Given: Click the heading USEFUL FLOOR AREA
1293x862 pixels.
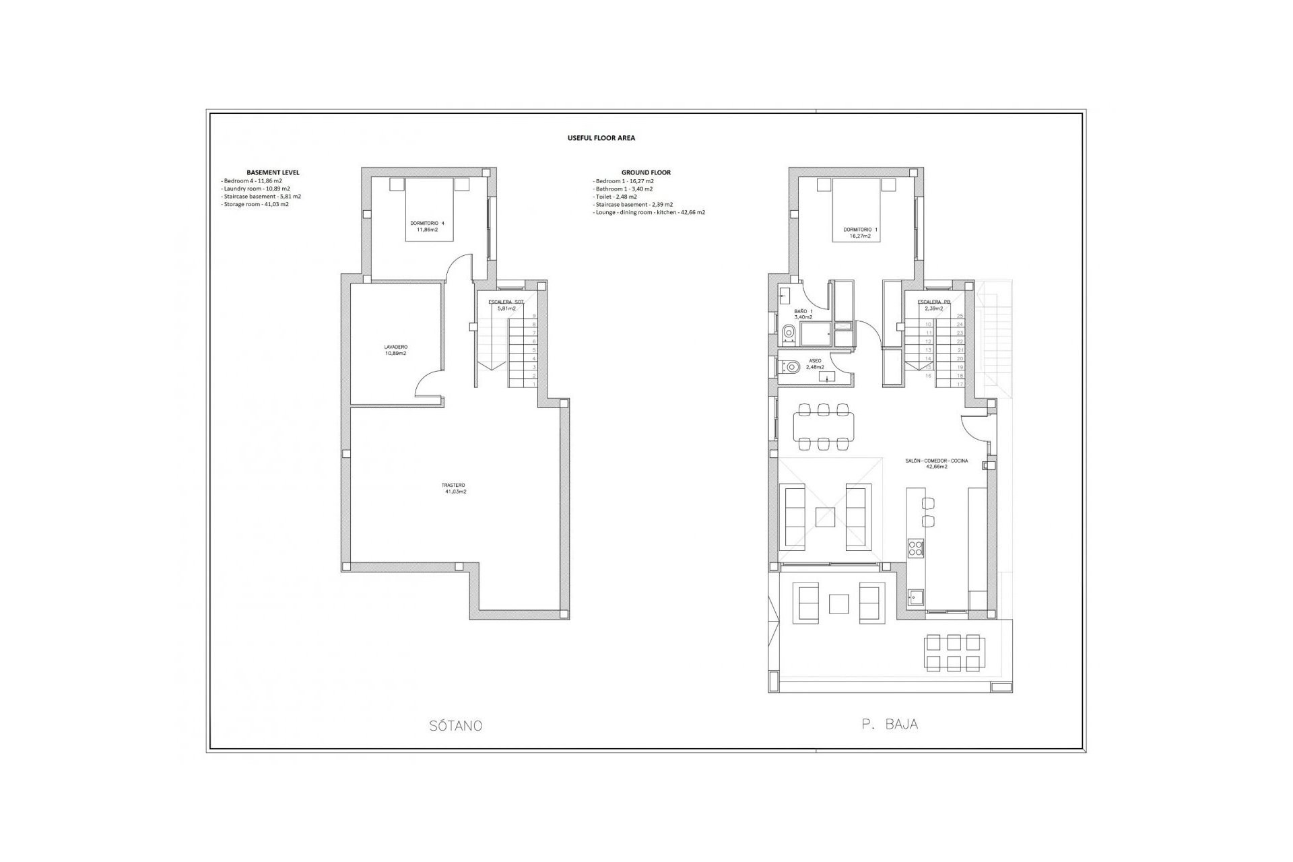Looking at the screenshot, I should pos(601,138).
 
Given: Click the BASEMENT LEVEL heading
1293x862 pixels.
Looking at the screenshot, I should pos(273,172).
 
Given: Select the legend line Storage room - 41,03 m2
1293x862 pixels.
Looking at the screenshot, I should pos(256,204).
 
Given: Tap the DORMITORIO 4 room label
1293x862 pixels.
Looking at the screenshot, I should pos(427,226).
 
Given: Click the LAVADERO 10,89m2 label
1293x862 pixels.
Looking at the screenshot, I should pos(395,350).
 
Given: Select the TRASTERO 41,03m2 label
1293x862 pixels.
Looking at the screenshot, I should pos(455,488).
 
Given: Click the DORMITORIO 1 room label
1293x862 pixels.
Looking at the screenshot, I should pos(860,233).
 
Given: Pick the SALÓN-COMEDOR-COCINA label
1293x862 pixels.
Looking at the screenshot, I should pos(936,463).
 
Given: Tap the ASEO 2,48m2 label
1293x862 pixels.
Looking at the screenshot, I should pos(815,364).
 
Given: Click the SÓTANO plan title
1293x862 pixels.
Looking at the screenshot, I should pos(455,726).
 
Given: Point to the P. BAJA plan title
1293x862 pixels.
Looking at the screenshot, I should pos(889,725).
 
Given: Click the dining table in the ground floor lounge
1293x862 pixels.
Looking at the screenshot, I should pos(823,426).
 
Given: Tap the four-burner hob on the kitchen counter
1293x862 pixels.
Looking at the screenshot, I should pos(916,548).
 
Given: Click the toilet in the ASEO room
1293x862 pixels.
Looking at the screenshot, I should pos(791,368).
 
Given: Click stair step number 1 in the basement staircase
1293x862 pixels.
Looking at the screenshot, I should pos(534,384).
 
